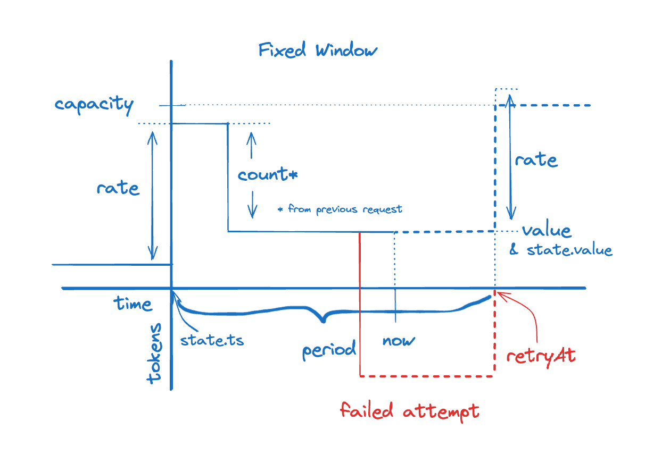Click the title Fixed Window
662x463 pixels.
318,50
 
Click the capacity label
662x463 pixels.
94,104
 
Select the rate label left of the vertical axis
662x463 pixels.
118,188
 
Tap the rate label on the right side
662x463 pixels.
536,159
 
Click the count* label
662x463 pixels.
267,174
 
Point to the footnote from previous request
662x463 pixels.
341,209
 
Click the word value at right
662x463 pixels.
547,231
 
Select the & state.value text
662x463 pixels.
561,250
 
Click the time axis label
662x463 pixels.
133,304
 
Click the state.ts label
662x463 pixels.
212,340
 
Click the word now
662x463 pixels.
399,341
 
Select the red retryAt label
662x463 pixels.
541,355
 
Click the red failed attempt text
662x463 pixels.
410,411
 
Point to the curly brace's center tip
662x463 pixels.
323,321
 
